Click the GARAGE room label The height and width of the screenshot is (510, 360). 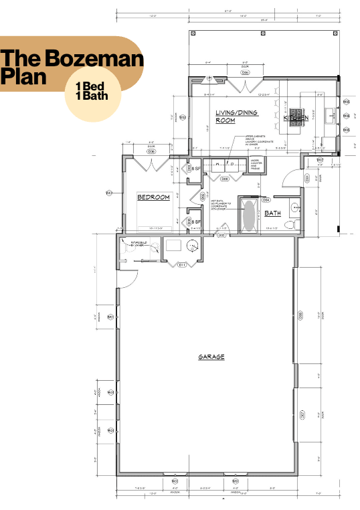click(211, 357)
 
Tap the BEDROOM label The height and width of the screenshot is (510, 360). click(154, 197)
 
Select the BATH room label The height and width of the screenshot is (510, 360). click(272, 214)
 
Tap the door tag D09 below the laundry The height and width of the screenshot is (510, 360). click(226, 179)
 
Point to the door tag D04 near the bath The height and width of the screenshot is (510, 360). click(266, 199)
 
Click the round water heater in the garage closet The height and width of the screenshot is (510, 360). click(193, 247)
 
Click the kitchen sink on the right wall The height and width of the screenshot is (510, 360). click(330, 116)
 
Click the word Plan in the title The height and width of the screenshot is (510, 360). click(23, 77)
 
